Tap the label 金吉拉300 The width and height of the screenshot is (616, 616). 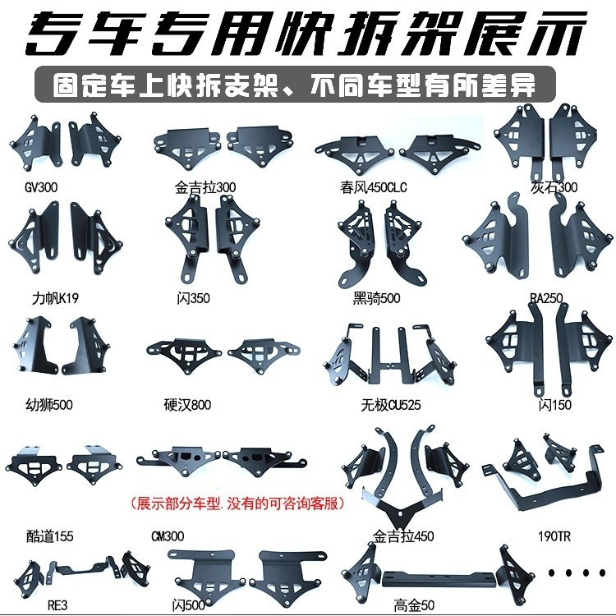pos(205,187)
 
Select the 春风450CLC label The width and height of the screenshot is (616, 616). pos(373,187)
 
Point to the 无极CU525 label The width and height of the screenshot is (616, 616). pos(381,405)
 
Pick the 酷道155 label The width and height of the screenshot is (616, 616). pos(49,536)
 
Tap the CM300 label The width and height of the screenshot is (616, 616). pos(168,536)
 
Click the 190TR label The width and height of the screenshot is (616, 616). pos(554,536)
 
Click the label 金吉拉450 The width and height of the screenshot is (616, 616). pos(402,536)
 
